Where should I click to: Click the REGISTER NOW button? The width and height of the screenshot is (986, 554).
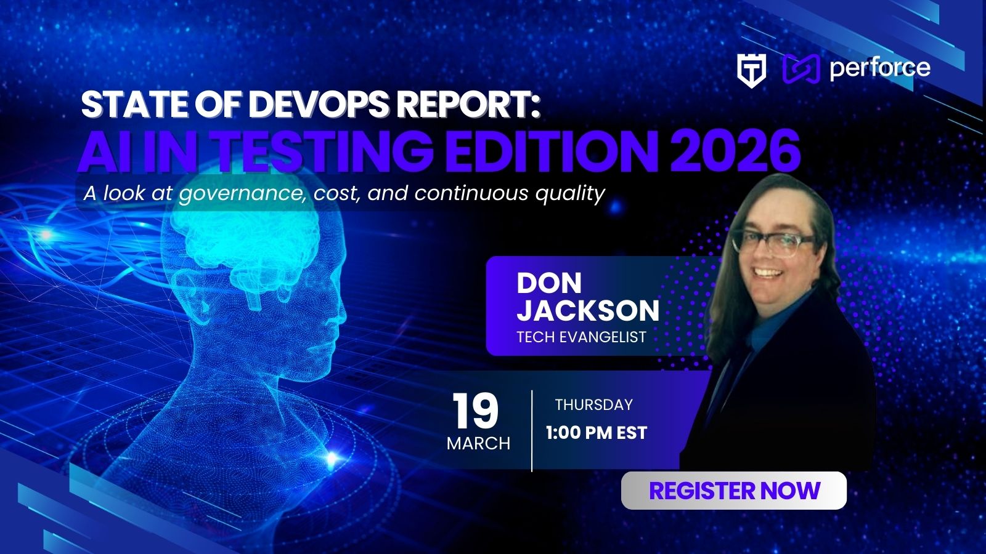tap(733, 491)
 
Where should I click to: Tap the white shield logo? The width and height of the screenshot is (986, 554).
tap(752, 70)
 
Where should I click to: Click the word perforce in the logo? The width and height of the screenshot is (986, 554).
tap(879, 68)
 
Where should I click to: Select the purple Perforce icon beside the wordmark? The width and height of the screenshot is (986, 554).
tap(801, 69)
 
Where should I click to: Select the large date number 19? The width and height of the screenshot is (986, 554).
tap(475, 411)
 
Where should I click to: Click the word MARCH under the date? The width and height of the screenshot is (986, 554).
tap(478, 443)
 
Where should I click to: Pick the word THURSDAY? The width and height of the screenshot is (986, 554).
tap(593, 404)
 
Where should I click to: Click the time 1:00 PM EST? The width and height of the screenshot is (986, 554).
tap(596, 433)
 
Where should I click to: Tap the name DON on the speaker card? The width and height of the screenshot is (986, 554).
tap(548, 283)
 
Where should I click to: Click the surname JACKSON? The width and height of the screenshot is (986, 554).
tap(587, 311)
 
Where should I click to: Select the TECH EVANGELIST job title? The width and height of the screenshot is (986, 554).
tap(581, 337)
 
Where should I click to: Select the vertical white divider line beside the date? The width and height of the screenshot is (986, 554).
tap(532, 430)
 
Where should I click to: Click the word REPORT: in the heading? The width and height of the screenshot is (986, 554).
tap(468, 105)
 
